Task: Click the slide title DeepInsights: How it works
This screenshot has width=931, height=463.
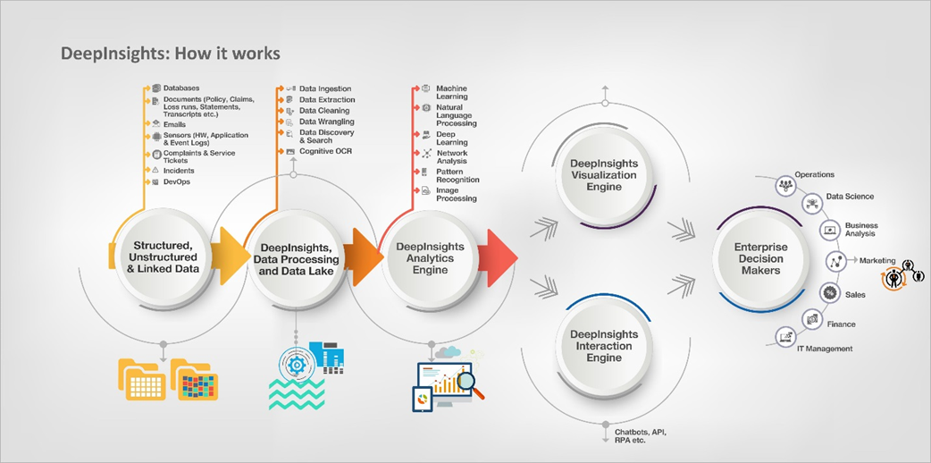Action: [x=170, y=54]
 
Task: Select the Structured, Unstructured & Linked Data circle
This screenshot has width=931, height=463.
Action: [x=164, y=257]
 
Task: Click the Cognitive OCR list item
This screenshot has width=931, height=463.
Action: [x=325, y=152]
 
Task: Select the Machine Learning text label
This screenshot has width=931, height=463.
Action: [x=451, y=92]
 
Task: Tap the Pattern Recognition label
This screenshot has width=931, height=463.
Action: [x=457, y=175]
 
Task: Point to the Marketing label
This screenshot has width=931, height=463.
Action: [x=877, y=261]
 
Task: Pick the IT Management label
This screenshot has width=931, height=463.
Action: [x=825, y=349]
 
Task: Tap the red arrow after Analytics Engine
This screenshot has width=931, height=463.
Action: [x=501, y=257]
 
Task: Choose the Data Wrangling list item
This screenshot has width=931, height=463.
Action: [x=326, y=122]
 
